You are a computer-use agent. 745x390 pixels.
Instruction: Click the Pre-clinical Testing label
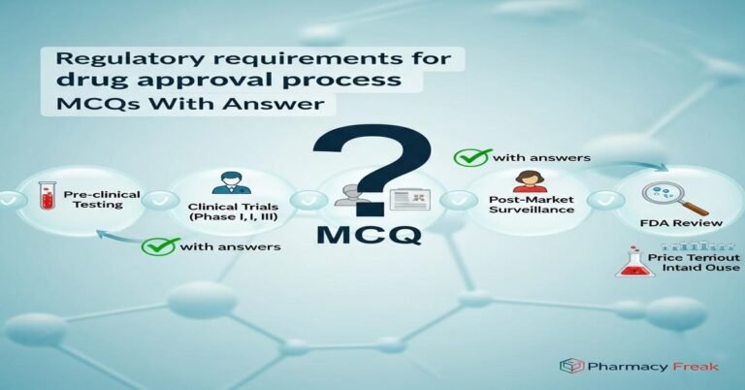(101, 201)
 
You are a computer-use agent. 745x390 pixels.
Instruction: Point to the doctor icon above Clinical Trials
(230, 183)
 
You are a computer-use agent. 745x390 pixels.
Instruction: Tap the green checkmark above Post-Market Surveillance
(471, 157)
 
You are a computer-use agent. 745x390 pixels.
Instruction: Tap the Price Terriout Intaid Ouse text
(692, 266)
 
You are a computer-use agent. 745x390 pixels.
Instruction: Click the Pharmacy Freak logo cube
(571, 366)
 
